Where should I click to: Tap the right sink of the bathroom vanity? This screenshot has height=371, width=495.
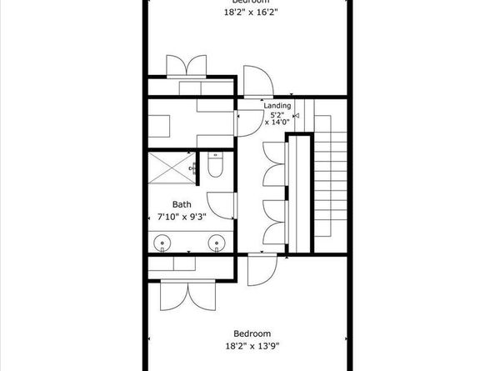217,243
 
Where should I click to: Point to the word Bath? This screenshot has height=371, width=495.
182,203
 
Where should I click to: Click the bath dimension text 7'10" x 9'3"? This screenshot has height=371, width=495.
182,216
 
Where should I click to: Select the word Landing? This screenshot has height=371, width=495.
277,106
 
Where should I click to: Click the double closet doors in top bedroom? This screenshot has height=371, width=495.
186,66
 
